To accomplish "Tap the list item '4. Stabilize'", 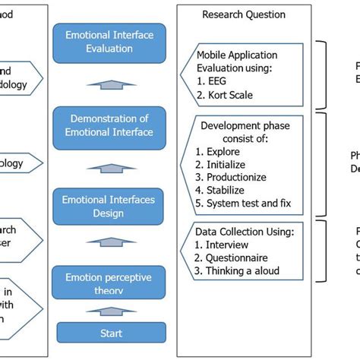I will pos(224,191).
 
